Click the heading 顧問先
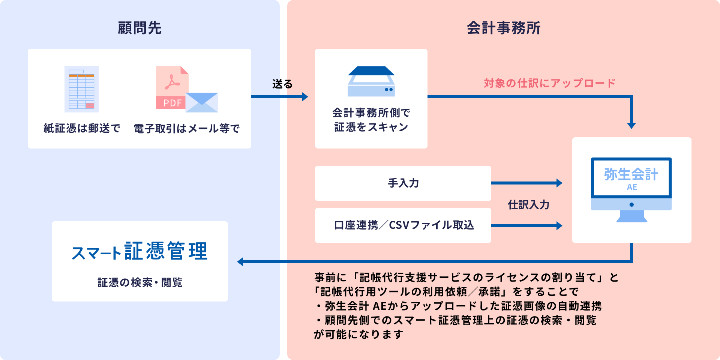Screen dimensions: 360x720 click(139, 28)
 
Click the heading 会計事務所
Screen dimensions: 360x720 click(503, 28)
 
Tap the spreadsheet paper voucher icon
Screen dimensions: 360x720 click(81, 89)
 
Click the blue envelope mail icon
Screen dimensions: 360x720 click(202, 102)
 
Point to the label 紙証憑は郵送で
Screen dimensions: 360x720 click(82, 128)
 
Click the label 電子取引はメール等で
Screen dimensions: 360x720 click(187, 129)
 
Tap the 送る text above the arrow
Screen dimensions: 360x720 click(282, 84)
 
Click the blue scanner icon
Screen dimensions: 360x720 click(371, 81)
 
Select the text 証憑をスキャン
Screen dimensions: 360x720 click(371, 127)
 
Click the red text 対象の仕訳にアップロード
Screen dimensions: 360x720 click(549, 83)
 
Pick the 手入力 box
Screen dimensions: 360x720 click(403, 183)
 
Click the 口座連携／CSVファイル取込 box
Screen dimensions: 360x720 click(403, 225)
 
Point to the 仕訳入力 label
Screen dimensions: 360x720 click(528, 205)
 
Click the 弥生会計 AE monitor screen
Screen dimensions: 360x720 click(631, 178)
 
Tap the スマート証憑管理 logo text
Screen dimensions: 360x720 click(139, 251)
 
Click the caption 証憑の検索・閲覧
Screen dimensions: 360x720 click(140, 282)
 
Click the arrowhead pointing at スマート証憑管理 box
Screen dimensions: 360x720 click(240, 262)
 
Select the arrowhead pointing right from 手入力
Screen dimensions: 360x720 click(559, 183)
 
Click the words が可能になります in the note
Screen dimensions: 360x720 click(358, 334)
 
